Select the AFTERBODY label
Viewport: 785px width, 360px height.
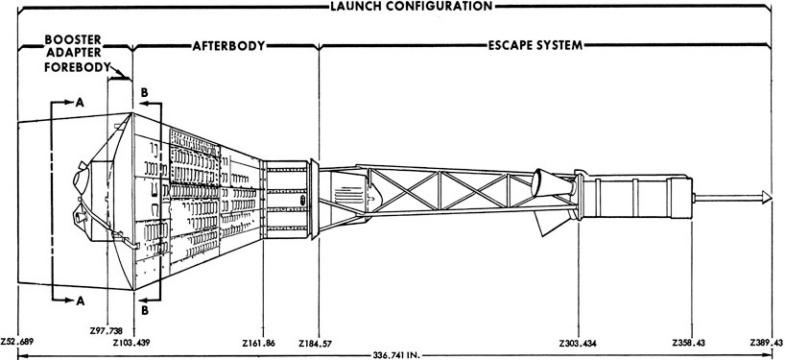pyautogui.click(x=228, y=45)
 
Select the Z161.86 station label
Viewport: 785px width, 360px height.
pyautogui.click(x=260, y=342)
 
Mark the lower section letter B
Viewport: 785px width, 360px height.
pyautogui.click(x=144, y=310)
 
